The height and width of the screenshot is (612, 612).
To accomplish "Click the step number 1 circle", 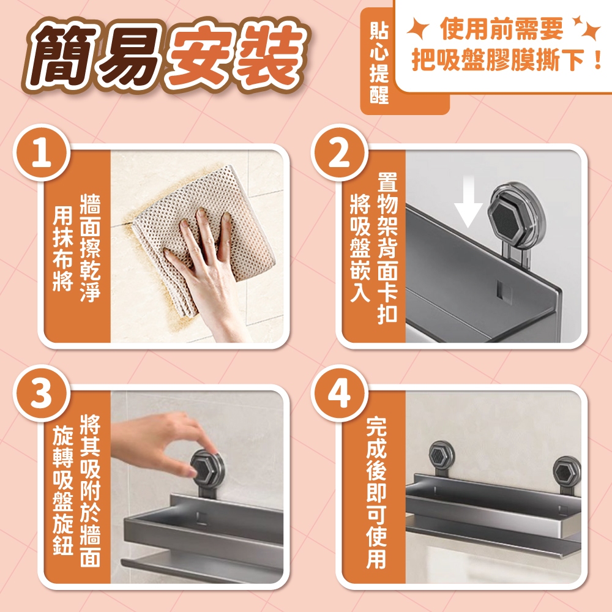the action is pos(42,152).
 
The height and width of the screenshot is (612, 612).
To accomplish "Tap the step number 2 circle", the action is pos(339,152).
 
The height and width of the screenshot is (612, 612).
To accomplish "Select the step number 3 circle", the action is pos(42,393).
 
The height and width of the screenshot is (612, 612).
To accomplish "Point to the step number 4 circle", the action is pos(339,393).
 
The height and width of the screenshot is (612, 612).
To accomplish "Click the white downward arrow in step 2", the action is pos(469,201).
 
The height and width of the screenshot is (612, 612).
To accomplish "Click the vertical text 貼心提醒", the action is pos(379,62).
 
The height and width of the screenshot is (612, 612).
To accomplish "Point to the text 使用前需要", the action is pos(501,29).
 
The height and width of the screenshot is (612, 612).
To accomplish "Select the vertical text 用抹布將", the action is pos(63,248).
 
